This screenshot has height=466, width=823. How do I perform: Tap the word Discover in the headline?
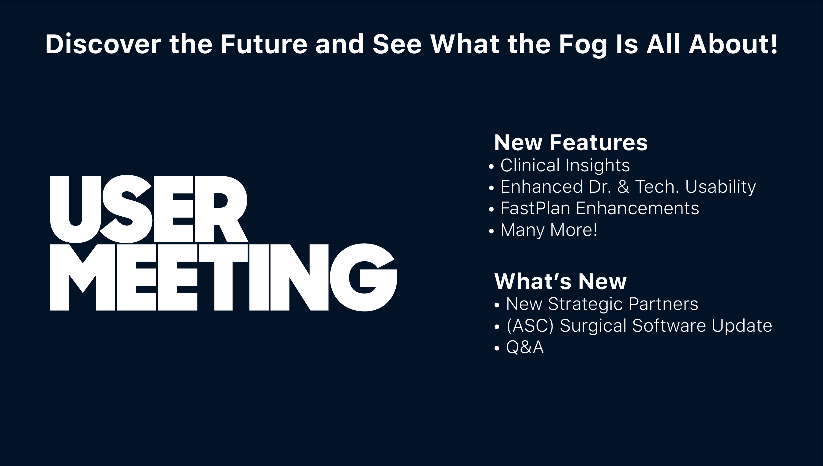[x=103, y=44]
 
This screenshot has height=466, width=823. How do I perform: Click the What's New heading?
[x=560, y=281]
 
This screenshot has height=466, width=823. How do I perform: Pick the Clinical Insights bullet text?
[x=565, y=166]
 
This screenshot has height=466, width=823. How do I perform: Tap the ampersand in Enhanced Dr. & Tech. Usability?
[x=623, y=187]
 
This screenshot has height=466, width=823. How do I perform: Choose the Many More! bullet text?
[x=549, y=230]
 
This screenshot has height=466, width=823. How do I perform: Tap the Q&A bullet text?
[x=525, y=347]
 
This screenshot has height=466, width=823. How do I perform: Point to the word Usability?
[x=720, y=187]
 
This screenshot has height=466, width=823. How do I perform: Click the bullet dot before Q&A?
[x=497, y=348]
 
